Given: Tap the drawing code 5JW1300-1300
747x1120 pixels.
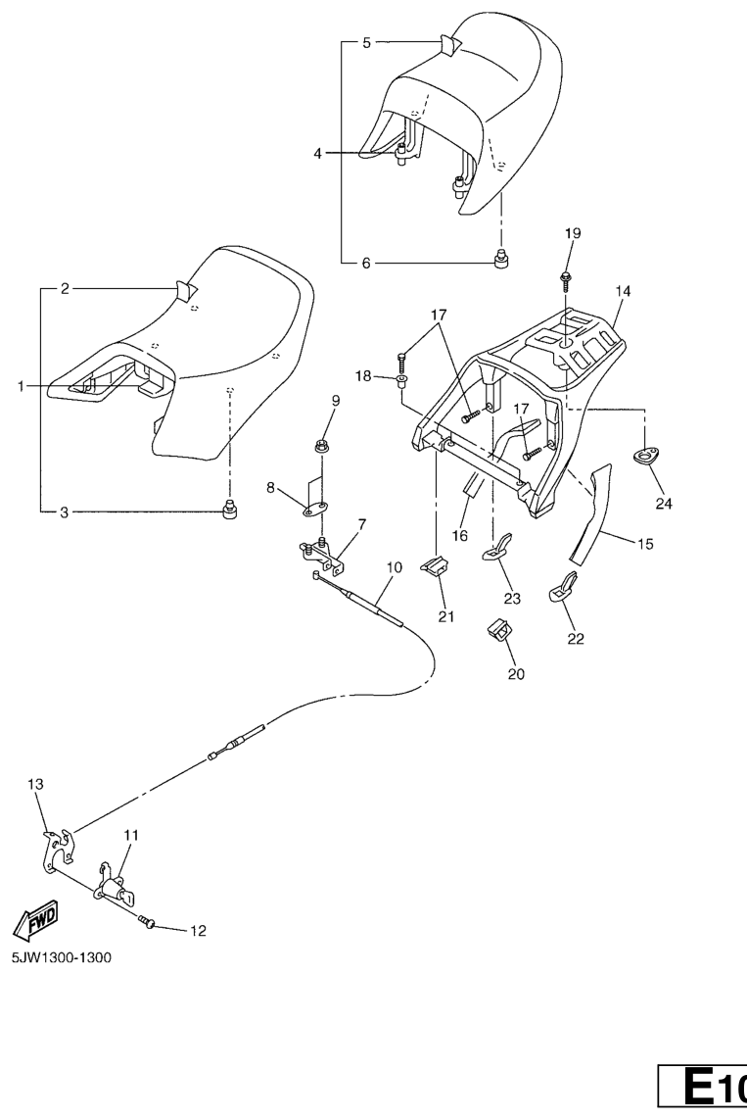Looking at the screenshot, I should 61,957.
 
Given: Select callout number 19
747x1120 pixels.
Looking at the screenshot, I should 573,232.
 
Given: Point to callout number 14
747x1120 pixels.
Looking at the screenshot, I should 624,291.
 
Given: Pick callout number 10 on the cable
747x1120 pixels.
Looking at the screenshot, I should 395,566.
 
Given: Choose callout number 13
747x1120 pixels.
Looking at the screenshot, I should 36,784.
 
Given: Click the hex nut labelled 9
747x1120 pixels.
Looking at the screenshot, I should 322,448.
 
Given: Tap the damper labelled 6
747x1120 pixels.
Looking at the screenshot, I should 501,260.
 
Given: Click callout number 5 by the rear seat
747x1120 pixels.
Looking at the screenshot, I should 367,43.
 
